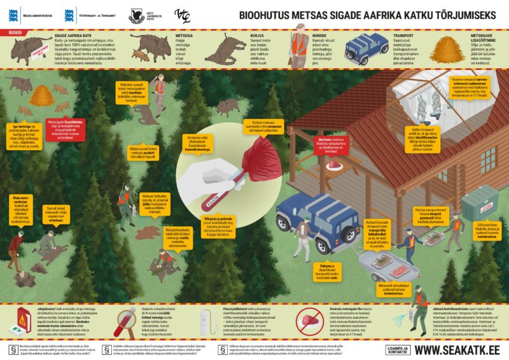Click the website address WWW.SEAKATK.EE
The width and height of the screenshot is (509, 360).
pos(457,349)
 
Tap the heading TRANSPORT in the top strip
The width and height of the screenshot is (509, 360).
pos(406,37)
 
